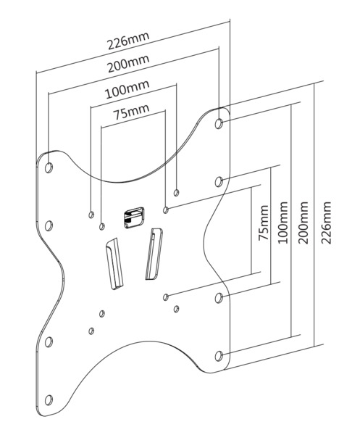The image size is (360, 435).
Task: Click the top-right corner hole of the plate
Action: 219,123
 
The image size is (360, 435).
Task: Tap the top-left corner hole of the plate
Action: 49,168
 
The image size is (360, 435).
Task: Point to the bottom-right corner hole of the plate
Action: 219,355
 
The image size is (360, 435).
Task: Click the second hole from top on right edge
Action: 219,181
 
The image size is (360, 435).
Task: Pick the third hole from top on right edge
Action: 219,297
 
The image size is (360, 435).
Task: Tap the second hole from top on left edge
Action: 49,225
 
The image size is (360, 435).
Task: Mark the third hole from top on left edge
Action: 49,341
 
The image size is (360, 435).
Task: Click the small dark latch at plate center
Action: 133,217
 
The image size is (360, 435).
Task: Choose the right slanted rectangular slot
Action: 154,254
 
